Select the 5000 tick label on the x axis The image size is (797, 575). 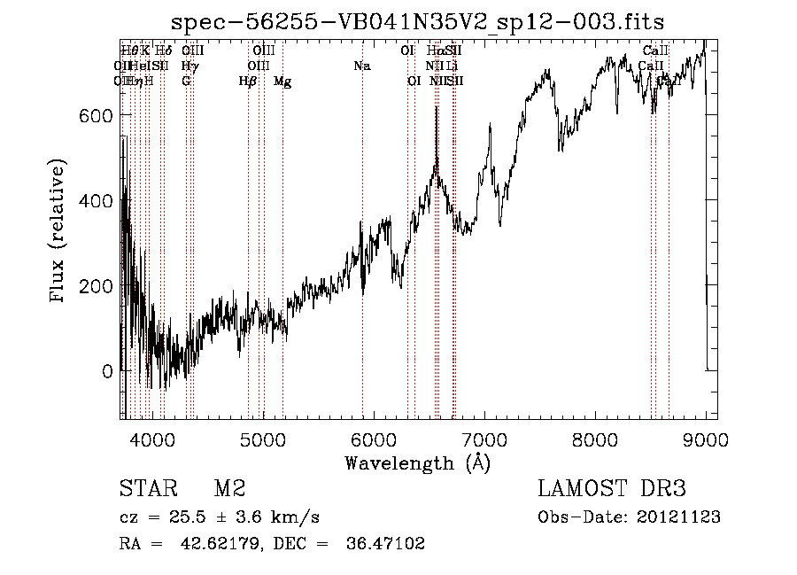click(x=263, y=439)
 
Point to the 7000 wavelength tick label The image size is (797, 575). click(x=484, y=439)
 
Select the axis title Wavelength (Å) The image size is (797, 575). click(x=417, y=462)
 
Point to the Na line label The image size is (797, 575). click(x=361, y=66)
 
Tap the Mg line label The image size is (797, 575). click(x=282, y=81)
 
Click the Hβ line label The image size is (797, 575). click(x=248, y=81)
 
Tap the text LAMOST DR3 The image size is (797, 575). click(x=611, y=489)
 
